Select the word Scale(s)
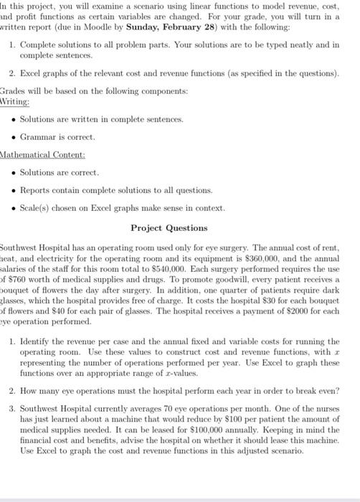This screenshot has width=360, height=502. click(x=36, y=209)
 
